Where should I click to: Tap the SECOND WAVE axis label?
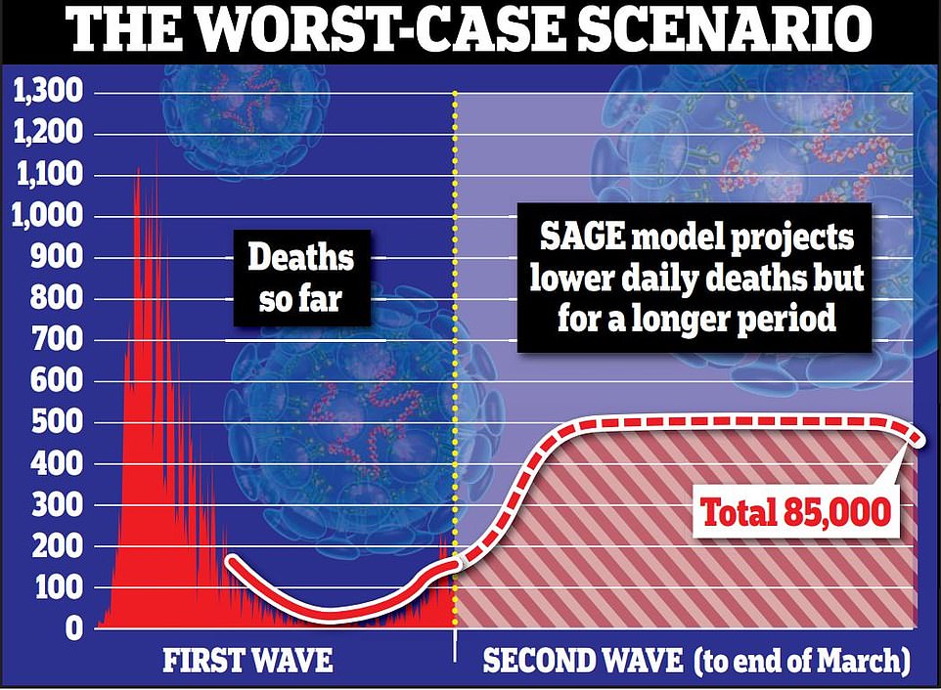[583, 662]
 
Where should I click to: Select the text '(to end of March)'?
[802, 662]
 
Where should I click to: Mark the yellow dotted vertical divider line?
[456, 342]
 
